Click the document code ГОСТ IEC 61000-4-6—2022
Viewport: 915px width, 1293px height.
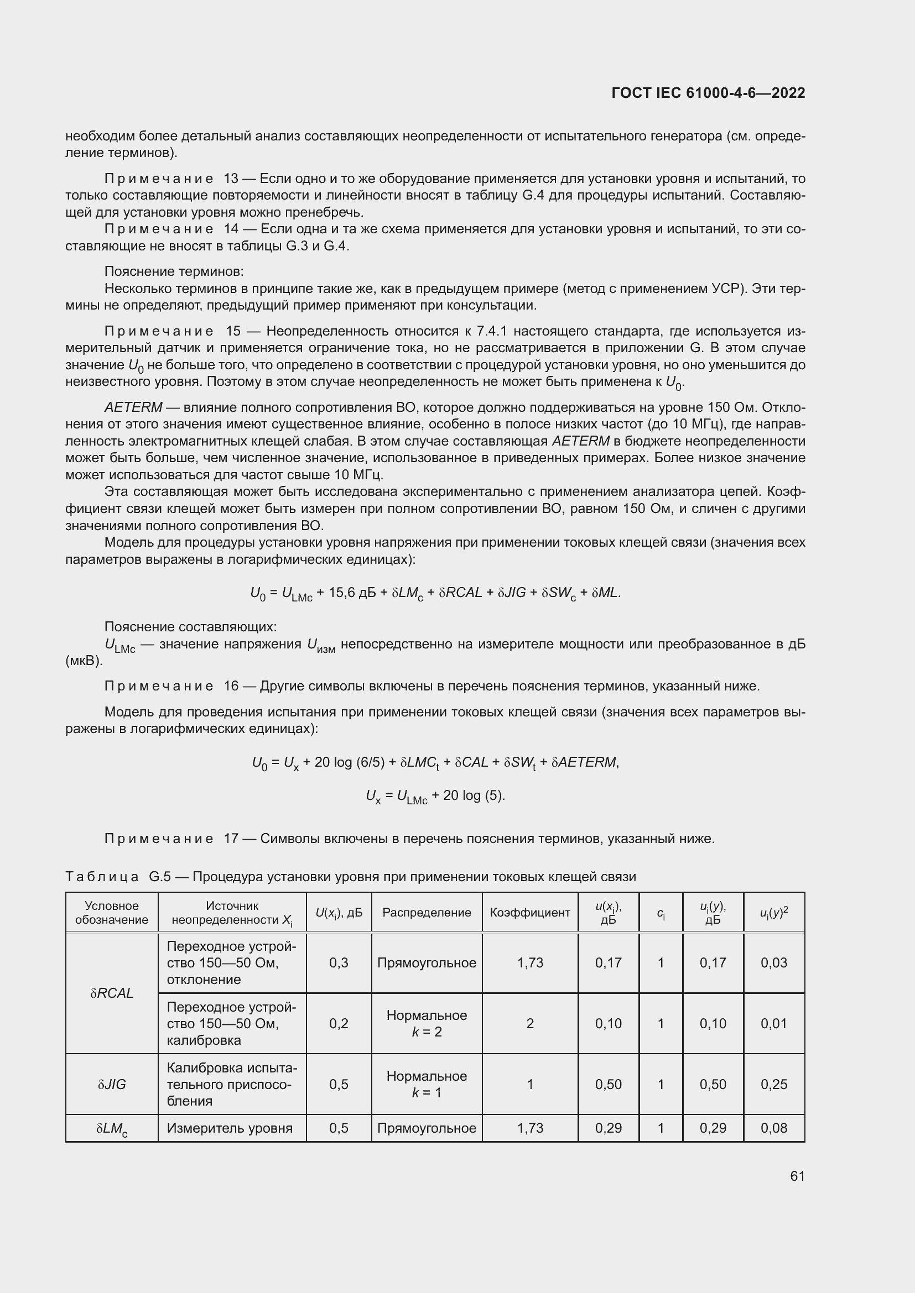(x=708, y=93)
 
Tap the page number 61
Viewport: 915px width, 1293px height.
(x=797, y=1175)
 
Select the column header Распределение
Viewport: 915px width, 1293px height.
(x=427, y=912)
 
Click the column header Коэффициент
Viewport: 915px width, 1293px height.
(x=529, y=912)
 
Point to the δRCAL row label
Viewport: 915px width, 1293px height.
(x=112, y=993)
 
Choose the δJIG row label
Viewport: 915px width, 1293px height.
(x=112, y=1084)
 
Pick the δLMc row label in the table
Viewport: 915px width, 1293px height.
(x=112, y=1129)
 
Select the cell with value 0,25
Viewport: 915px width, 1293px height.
(x=773, y=1084)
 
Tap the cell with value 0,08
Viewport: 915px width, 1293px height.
(x=773, y=1128)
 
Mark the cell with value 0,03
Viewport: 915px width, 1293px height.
(x=773, y=962)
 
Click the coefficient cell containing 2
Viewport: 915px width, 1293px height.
(x=529, y=1023)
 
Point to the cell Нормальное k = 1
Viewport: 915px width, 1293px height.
(x=427, y=1084)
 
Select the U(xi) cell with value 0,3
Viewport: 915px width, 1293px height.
(x=339, y=962)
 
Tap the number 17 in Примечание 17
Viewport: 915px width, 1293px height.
(x=231, y=839)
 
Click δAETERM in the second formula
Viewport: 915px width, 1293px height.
(x=584, y=762)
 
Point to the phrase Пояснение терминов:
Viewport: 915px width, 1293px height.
(x=174, y=271)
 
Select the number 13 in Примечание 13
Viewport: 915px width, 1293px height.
(x=231, y=179)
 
